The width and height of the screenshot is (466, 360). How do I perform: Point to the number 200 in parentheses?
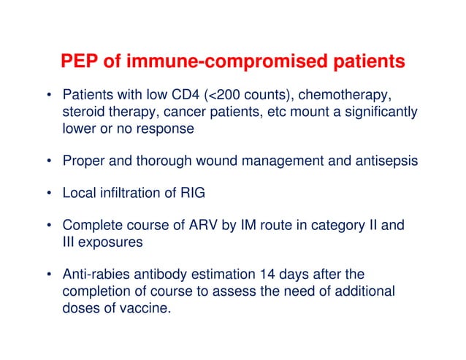[211, 96]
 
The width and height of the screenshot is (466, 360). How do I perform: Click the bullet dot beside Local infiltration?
[49, 194]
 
